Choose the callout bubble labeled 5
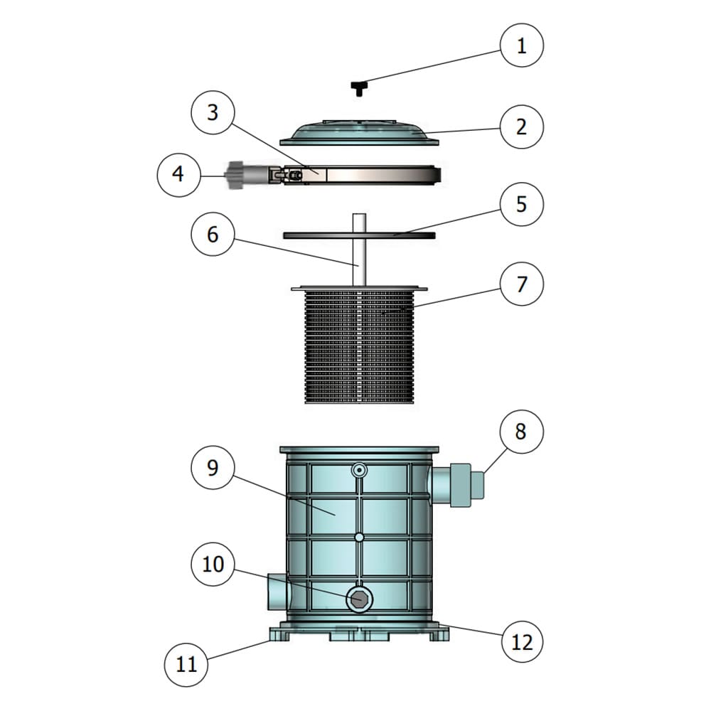521,204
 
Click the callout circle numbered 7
521,284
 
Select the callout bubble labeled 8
521,431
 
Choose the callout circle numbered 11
186,665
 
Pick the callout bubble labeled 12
521,642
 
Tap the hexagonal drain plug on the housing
360,600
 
